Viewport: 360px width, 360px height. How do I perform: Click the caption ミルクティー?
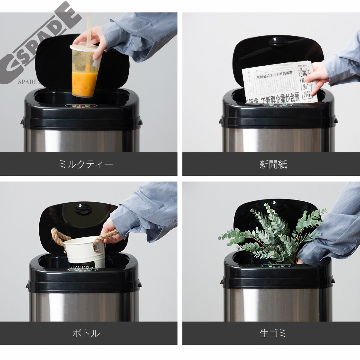(86, 164)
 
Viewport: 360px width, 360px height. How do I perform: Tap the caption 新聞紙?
(273, 164)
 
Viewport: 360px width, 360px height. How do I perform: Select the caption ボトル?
(86, 333)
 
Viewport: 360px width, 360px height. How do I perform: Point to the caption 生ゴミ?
(273, 333)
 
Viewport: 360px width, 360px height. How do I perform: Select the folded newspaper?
(279, 82)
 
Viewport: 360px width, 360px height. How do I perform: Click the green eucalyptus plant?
(270, 234)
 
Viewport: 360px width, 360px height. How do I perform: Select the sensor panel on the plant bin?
(276, 266)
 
